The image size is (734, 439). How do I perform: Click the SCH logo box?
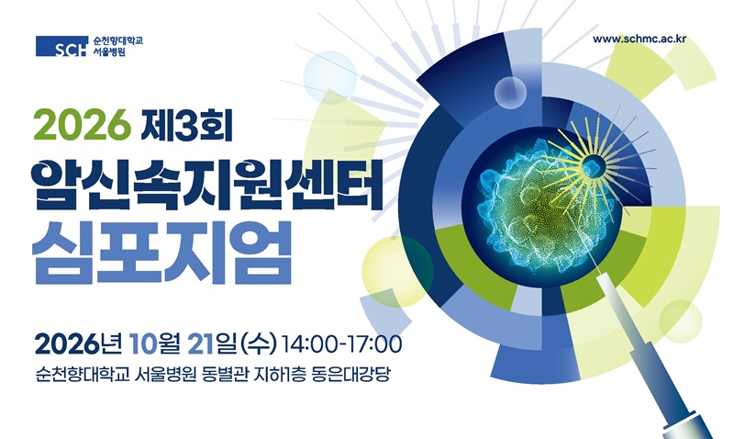point(61,47)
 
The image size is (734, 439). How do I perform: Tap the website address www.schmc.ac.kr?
point(639,39)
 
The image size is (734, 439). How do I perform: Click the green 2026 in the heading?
point(82,124)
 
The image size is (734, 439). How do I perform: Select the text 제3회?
point(186,124)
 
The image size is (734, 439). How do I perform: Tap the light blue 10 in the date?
point(140,344)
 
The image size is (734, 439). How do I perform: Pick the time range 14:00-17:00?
point(341,344)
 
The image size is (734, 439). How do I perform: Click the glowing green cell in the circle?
point(539,206)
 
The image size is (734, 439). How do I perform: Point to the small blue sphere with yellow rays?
point(593,166)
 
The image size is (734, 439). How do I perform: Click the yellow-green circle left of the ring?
point(397,271)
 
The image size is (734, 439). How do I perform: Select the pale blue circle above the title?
point(330,77)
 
